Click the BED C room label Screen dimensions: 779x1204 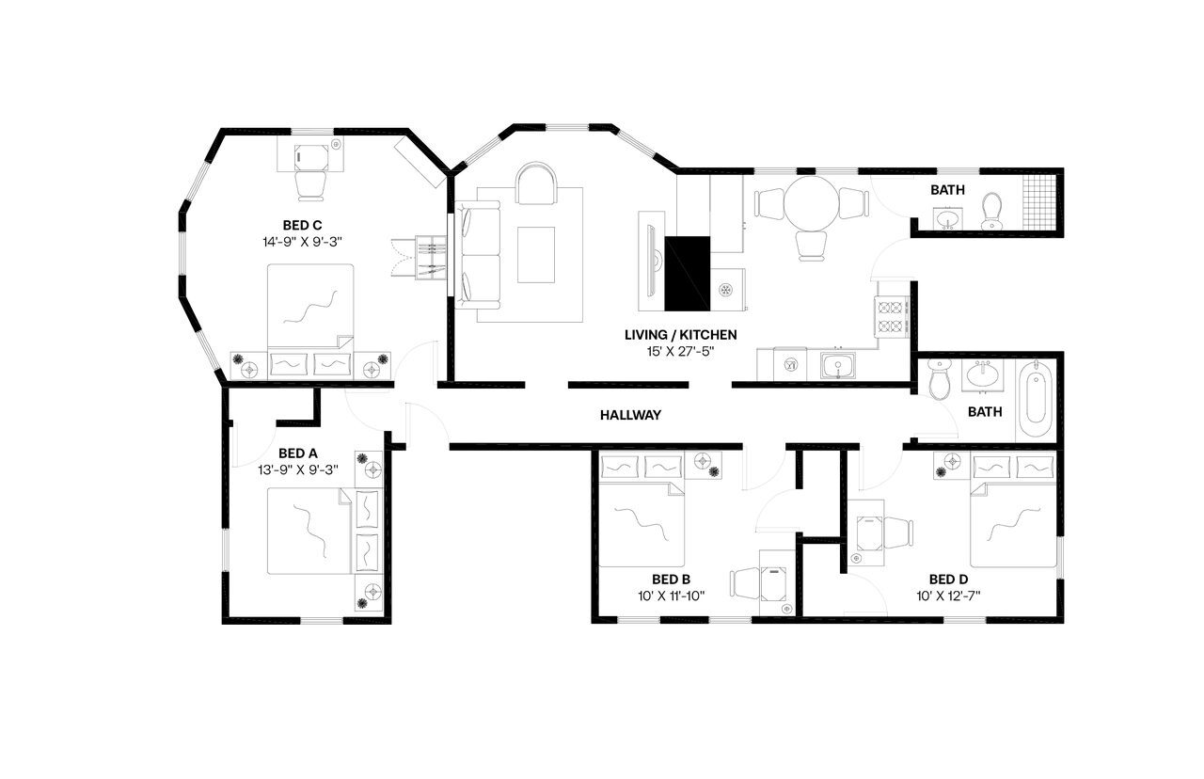coord(302,225)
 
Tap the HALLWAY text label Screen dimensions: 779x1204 coord(630,415)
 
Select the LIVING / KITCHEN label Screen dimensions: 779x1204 coord(680,335)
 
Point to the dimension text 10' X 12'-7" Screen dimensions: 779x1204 coord(955,596)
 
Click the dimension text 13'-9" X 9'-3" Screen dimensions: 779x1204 coord(297,469)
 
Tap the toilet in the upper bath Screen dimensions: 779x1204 coord(991,212)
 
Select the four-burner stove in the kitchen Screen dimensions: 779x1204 coord(890,317)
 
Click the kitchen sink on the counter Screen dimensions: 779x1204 coord(835,365)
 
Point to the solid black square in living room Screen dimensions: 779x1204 coord(687,273)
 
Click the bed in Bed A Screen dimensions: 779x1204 coord(310,531)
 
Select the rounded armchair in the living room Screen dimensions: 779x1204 coord(536,184)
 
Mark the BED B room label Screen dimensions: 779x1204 coord(672,580)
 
